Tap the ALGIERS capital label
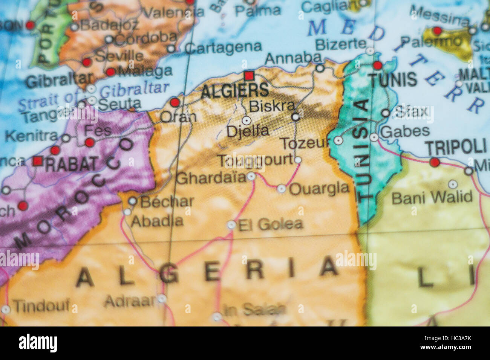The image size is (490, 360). pyautogui.click(x=235, y=91)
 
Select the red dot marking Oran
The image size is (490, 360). pyautogui.click(x=175, y=102)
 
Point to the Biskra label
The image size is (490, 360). pyautogui.click(x=272, y=107)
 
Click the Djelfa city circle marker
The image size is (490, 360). pyautogui.click(x=247, y=121)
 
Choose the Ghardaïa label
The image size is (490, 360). pyautogui.click(x=211, y=178)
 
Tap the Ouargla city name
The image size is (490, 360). pyautogui.click(x=319, y=188)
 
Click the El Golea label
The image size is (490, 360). pyautogui.click(x=271, y=224)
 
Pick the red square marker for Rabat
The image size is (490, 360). pyautogui.click(x=37, y=161)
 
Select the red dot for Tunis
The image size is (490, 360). pyautogui.click(x=377, y=66)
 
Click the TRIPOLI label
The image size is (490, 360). pyautogui.click(x=455, y=146)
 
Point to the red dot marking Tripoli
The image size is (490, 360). pyautogui.click(x=435, y=162)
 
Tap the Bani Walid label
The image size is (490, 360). pyautogui.click(x=432, y=197)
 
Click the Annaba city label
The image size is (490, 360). pyautogui.click(x=293, y=58)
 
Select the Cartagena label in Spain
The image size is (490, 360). pyautogui.click(x=223, y=47)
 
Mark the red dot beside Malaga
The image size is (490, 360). pyautogui.click(x=110, y=72)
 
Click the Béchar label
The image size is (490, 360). pyautogui.click(x=167, y=202)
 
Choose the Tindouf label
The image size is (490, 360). pyautogui.click(x=41, y=306)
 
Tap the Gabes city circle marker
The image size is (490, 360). pyautogui.click(x=374, y=137)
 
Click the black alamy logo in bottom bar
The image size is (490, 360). pyautogui.click(x=38, y=343)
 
